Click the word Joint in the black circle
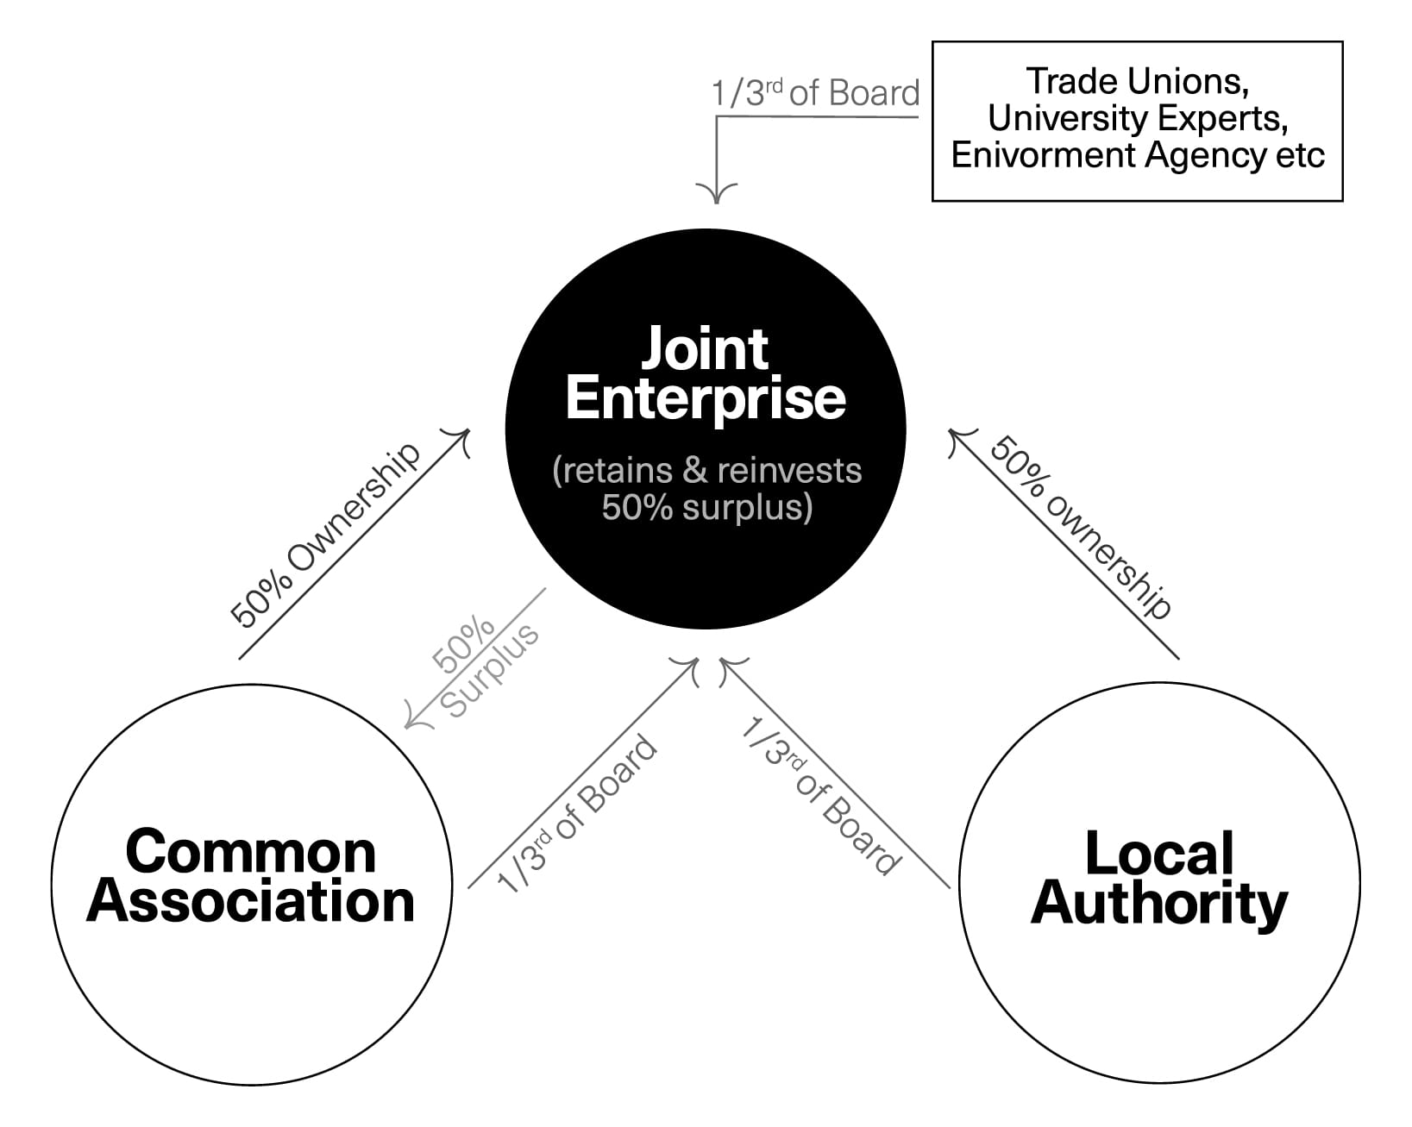[x=705, y=349]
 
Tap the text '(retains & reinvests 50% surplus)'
[x=706, y=488]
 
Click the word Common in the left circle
[x=251, y=851]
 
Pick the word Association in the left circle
[x=251, y=901]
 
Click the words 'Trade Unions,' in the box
[x=1137, y=81]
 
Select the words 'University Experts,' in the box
[x=1137, y=118]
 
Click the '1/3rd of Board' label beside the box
[x=815, y=93]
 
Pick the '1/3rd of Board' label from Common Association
[x=576, y=814]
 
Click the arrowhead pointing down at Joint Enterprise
[x=716, y=192]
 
